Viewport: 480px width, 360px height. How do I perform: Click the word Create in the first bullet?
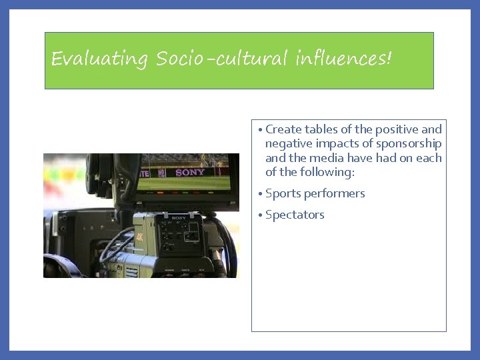[283, 129]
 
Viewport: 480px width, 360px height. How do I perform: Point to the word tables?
[322, 129]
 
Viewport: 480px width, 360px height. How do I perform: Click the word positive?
[397, 129]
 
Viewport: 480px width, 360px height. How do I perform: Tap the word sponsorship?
[408, 143]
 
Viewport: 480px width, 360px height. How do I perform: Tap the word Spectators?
[295, 215]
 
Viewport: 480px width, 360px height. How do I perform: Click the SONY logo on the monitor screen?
[190, 173]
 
